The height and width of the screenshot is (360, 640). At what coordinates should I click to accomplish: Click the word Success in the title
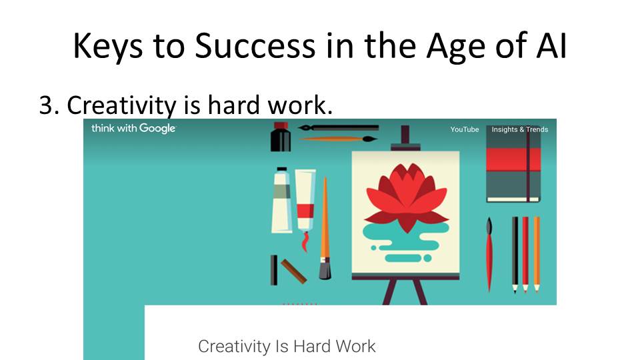[x=255, y=45]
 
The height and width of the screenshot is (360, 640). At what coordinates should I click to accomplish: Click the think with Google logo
[x=133, y=129]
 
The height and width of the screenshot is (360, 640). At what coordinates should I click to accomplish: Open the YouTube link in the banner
[x=465, y=129]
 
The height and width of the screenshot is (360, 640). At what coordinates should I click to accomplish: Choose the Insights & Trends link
[x=519, y=129]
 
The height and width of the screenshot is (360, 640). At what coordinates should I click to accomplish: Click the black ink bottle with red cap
[x=281, y=137]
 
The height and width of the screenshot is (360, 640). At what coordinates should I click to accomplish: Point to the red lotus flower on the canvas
[x=407, y=196]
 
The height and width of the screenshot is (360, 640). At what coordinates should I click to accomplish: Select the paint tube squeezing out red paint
[x=305, y=208]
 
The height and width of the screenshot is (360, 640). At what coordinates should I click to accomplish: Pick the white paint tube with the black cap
[x=281, y=200]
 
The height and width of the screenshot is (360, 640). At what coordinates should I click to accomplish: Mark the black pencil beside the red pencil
[x=515, y=254]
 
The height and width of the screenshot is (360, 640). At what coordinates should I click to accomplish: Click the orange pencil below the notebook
[x=537, y=254]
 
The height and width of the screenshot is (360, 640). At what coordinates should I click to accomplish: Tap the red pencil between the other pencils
[x=526, y=254]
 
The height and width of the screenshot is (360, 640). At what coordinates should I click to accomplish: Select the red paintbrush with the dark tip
[x=489, y=254]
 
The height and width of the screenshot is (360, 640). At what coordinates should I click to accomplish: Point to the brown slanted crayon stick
[x=294, y=271]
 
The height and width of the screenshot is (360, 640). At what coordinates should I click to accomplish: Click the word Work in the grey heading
[x=356, y=346]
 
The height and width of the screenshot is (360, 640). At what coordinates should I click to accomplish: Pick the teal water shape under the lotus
[x=404, y=241]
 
